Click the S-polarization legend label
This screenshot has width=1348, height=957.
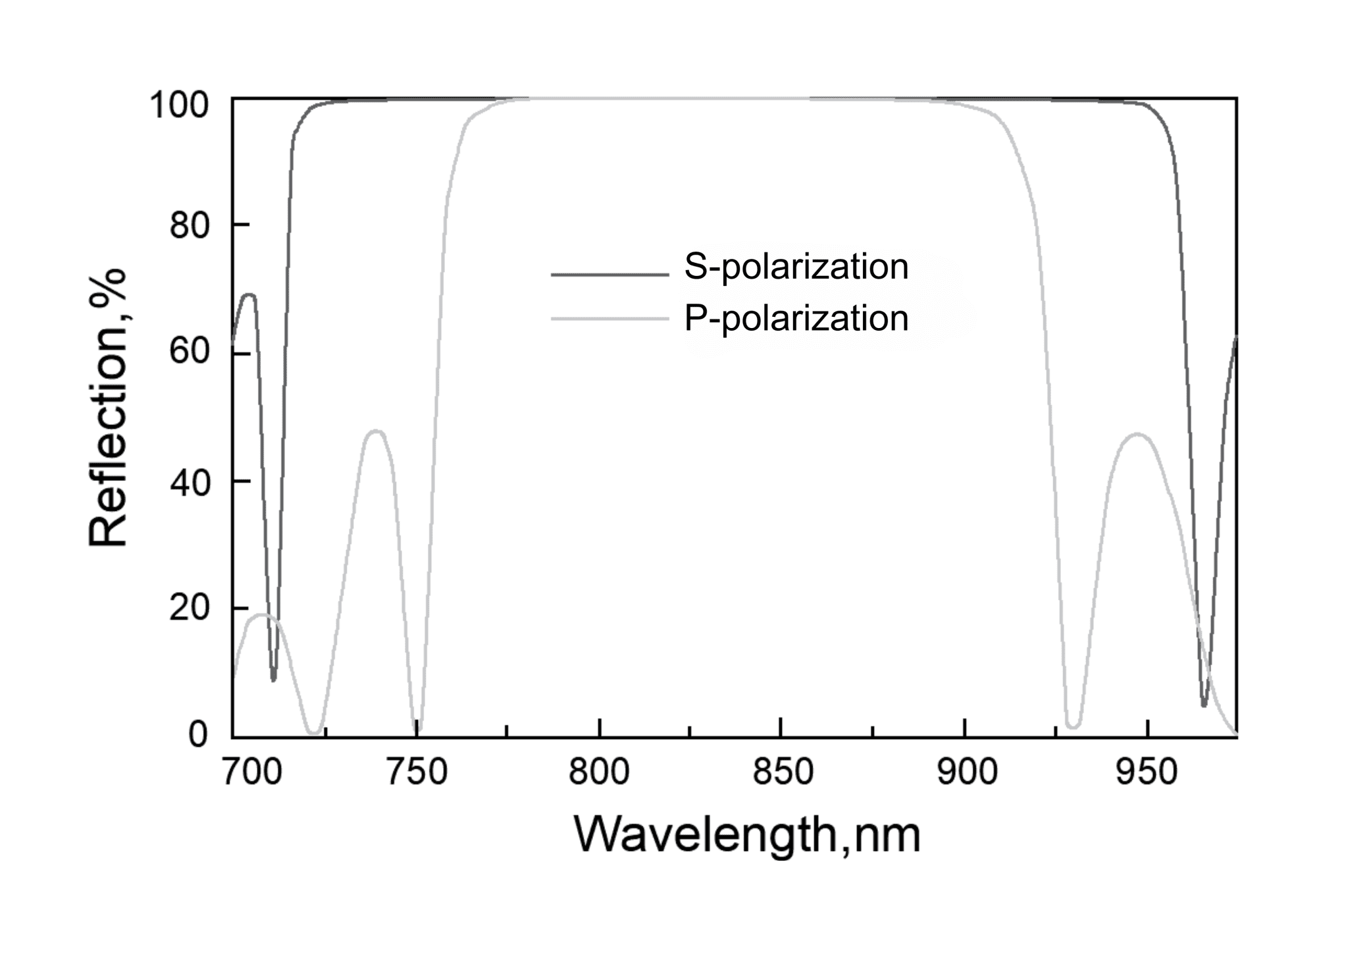(796, 267)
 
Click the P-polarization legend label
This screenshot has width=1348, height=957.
(796, 319)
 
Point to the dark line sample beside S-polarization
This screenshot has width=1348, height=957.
(609, 274)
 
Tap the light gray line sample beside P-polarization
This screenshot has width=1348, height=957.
(609, 319)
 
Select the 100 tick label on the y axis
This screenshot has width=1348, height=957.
(179, 105)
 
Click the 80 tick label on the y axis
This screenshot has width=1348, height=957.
(190, 226)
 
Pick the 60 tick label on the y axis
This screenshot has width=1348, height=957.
(190, 353)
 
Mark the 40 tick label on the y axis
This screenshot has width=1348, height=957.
(190, 482)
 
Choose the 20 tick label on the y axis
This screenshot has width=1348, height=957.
(190, 609)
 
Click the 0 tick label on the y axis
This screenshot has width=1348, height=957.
(198, 734)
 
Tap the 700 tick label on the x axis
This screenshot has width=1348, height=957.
(252, 772)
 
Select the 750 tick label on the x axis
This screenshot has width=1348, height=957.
(417, 772)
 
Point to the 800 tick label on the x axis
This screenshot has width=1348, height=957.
(599, 772)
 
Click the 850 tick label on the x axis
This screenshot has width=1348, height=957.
(783, 772)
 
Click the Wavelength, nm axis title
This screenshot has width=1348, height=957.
(747, 835)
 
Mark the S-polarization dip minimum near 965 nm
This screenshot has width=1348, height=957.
(1204, 705)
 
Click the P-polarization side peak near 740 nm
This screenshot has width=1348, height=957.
(376, 431)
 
